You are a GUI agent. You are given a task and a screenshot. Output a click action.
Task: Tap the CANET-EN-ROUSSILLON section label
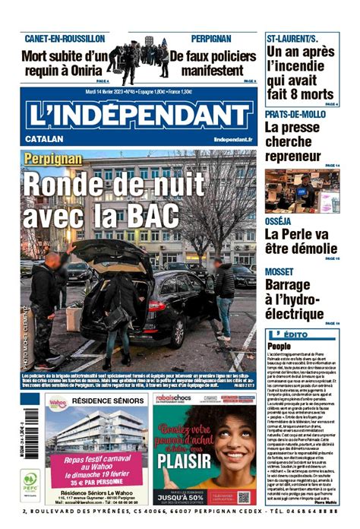[x=65, y=38]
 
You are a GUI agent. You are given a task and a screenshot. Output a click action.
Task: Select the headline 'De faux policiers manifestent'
[x=213, y=62]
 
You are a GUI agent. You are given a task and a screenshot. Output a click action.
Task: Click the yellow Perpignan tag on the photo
[x=52, y=159]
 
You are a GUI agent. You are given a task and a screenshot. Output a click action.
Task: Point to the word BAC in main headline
[x=152, y=217]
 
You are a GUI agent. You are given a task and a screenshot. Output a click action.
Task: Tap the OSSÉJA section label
[x=281, y=220]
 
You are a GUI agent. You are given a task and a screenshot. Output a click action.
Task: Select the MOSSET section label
[x=283, y=271]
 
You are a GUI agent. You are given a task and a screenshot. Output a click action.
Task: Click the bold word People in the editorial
[x=279, y=347]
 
